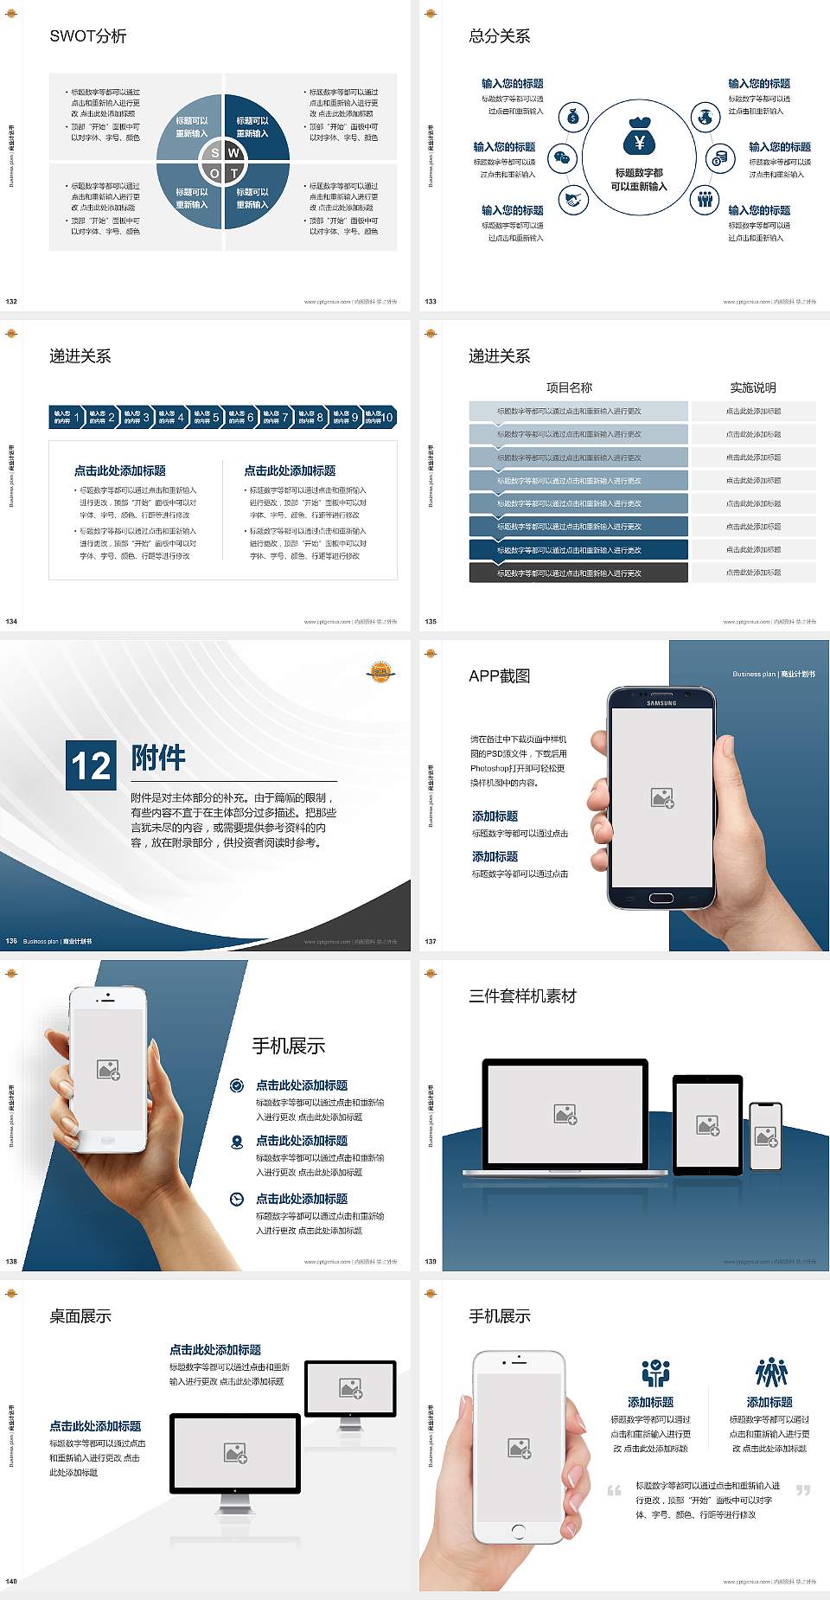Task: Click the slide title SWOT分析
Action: pyautogui.click(x=88, y=36)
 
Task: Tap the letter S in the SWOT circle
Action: pyautogui.click(x=215, y=153)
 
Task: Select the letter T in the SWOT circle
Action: pyautogui.click(x=234, y=173)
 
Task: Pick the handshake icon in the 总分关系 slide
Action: pyautogui.click(x=572, y=201)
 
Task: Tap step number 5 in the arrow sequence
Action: pyautogui.click(x=215, y=418)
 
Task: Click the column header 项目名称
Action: pyautogui.click(x=569, y=387)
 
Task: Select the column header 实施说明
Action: pyautogui.click(x=753, y=387)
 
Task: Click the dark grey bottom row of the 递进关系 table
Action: pyautogui.click(x=578, y=573)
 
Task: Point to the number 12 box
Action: pyautogui.click(x=91, y=765)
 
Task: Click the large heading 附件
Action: pyautogui.click(x=158, y=758)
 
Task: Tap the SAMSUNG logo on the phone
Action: pyautogui.click(x=661, y=703)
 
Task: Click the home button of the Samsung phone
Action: pyautogui.click(x=661, y=898)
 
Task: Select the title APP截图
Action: pyautogui.click(x=499, y=676)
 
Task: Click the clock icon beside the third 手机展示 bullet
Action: pyautogui.click(x=237, y=1199)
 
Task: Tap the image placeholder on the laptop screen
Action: pyautogui.click(x=565, y=1114)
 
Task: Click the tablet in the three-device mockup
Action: pyautogui.click(x=707, y=1124)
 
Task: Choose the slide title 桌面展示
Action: pyautogui.click(x=80, y=1316)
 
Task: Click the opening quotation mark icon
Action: pyautogui.click(x=614, y=1490)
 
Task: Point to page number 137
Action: pyautogui.click(x=431, y=941)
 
